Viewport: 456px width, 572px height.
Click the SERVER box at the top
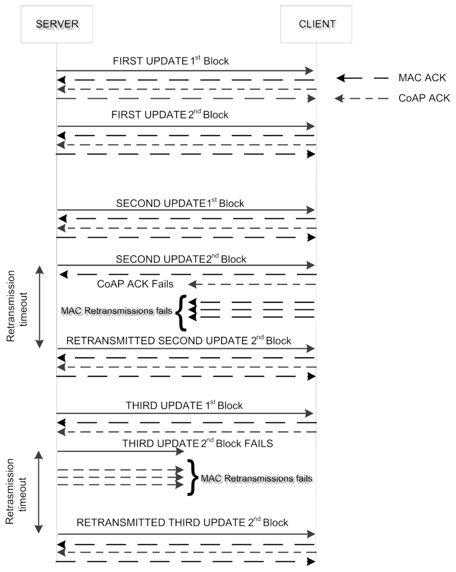57,24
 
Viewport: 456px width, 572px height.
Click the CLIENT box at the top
316,24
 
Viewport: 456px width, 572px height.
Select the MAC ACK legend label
422,78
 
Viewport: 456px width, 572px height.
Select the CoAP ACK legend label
424,98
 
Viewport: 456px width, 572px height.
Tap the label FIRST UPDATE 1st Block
171,61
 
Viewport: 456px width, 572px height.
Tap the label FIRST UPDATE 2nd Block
170,114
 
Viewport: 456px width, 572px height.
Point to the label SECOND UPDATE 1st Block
180,203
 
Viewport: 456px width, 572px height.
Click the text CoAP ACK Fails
135,284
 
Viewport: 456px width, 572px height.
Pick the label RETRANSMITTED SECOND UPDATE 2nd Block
179,341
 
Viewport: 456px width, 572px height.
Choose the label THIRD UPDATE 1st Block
184,405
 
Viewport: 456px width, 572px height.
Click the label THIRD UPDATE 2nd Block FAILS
197,443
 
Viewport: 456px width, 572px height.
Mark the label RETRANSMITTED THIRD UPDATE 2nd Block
182,523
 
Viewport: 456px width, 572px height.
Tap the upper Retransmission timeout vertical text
17,306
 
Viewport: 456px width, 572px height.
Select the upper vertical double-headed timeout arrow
40,306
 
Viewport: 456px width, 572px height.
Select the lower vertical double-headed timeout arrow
39,492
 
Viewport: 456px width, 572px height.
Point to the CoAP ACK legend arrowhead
339,98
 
